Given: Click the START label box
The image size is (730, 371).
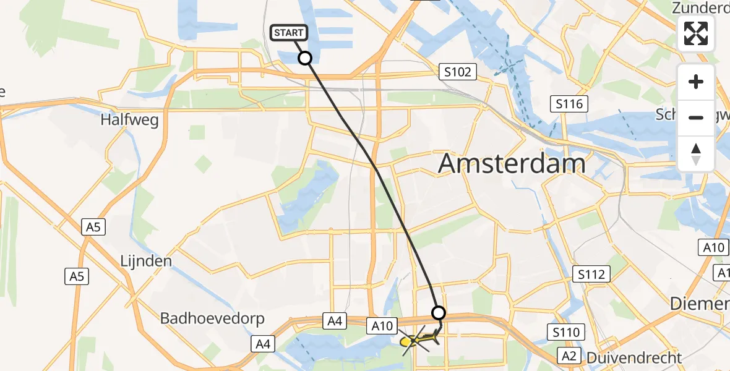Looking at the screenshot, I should (x=288, y=33).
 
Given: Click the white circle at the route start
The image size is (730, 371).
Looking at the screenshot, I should (x=305, y=58).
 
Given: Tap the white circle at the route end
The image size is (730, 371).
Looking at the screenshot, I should (x=439, y=312).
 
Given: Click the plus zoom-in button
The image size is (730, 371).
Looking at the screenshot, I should (x=696, y=82).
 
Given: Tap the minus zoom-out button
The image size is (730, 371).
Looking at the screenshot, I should (x=696, y=117).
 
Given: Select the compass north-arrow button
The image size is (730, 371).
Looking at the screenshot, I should (x=696, y=154).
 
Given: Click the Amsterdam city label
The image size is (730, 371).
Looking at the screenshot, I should (x=512, y=164).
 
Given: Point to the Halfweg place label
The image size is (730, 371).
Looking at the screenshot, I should (x=129, y=120).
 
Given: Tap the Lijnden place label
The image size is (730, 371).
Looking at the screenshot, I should (x=145, y=261).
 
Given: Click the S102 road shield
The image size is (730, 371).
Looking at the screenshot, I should (x=457, y=72).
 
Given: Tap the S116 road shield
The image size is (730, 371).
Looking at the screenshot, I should (x=569, y=104).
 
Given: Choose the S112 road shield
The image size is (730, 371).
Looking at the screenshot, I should (x=592, y=273).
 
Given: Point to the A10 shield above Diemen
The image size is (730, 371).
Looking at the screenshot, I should (x=713, y=248).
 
